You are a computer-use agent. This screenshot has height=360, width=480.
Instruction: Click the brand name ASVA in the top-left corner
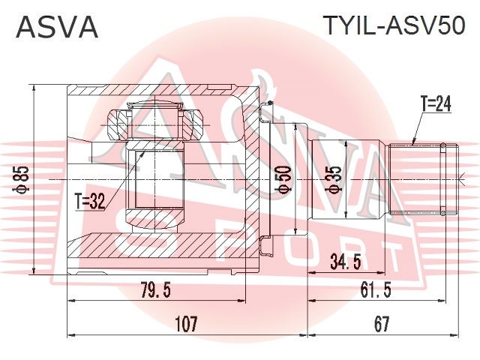[57, 27]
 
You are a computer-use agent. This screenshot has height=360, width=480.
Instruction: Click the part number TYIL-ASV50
[394, 25]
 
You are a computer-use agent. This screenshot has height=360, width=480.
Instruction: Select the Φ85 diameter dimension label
[22, 180]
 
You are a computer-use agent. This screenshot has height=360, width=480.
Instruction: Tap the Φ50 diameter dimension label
[283, 180]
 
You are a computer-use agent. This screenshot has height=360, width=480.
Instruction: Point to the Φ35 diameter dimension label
[334, 180]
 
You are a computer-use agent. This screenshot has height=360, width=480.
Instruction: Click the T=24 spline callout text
[436, 104]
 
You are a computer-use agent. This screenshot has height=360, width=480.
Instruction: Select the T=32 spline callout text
[91, 202]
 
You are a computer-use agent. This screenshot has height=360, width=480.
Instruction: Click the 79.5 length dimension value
[156, 290]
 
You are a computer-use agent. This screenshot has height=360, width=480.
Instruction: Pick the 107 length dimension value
[187, 324]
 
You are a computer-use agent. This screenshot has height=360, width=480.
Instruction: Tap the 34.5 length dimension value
[345, 262]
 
